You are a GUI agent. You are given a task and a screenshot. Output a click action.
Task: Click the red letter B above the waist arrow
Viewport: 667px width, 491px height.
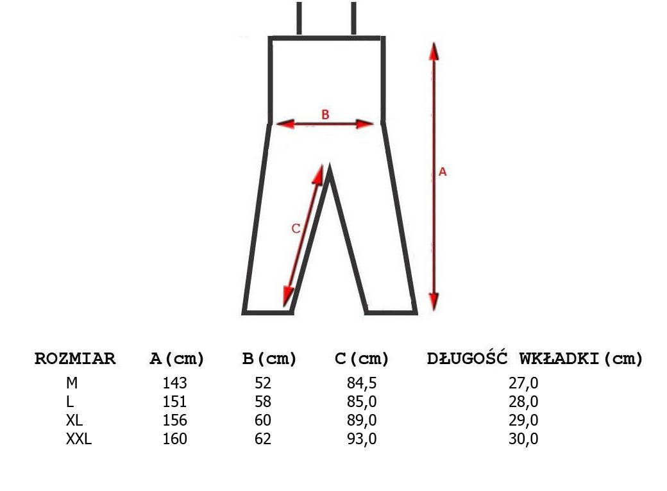(x=325, y=114)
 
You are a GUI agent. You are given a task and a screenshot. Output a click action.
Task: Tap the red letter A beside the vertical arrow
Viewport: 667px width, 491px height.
(x=443, y=172)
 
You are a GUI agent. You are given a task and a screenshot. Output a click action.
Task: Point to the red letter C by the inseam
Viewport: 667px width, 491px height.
(x=296, y=228)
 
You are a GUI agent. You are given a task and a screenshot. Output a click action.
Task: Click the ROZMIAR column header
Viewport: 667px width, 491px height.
(x=75, y=358)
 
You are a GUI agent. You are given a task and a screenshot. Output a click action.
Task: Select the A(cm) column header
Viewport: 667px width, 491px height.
(x=176, y=359)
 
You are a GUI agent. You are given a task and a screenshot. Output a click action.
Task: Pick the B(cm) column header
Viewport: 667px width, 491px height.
(x=269, y=359)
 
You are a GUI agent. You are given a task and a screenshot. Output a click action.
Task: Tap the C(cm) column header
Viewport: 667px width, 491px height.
(x=362, y=359)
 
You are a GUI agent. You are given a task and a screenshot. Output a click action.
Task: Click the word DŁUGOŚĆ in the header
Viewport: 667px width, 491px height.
(x=467, y=358)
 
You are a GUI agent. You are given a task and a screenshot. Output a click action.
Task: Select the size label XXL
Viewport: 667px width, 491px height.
(x=79, y=438)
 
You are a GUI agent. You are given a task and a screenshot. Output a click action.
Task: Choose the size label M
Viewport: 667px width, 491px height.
(x=72, y=383)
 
